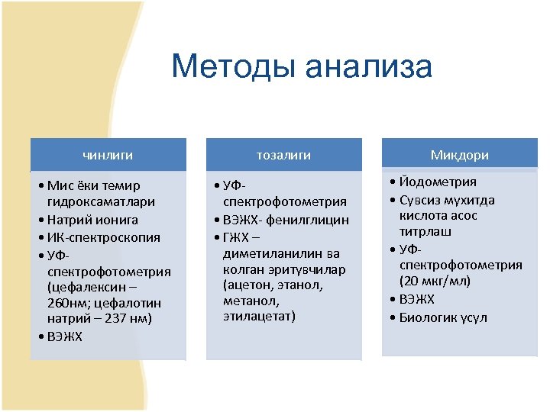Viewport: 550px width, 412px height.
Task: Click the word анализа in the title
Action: tap(368, 66)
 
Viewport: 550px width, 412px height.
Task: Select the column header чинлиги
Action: tap(108, 155)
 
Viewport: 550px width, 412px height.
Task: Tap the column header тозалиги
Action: tap(284, 155)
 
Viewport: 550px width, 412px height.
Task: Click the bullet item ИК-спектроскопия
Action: tap(103, 237)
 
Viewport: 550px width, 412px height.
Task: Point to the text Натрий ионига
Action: tap(92, 220)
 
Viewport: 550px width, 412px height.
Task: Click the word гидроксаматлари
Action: tap(101, 202)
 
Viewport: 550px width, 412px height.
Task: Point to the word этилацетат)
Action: tap(259, 315)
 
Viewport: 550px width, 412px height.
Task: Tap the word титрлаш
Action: tap(425, 231)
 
